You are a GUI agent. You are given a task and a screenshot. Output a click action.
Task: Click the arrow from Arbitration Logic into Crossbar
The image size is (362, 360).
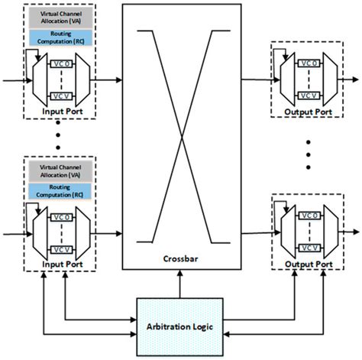click(x=181, y=284)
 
